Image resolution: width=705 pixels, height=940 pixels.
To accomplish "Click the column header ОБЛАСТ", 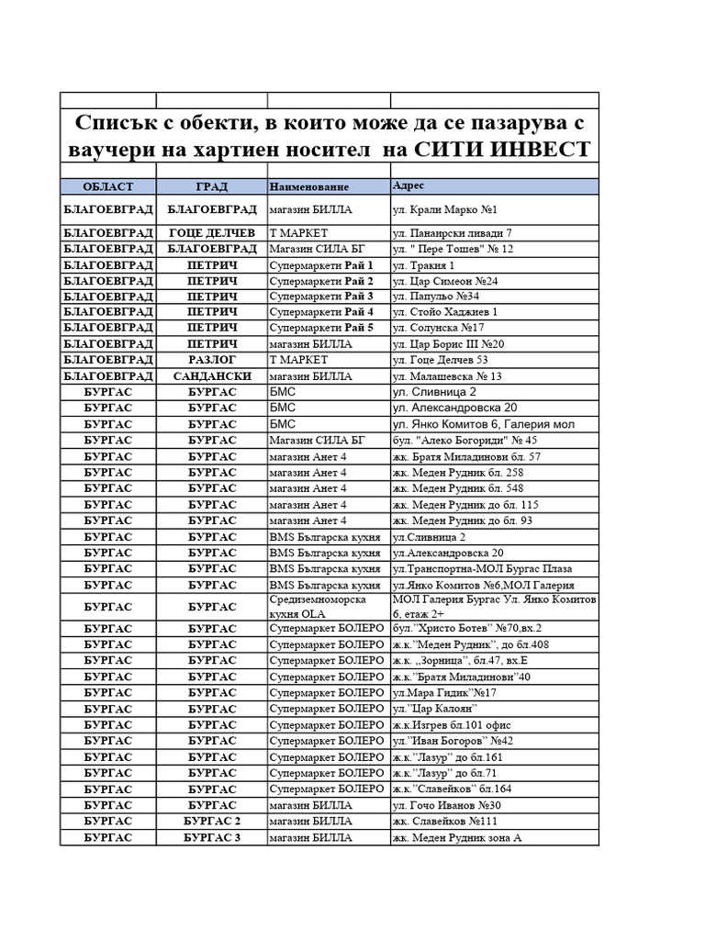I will coord(107,186).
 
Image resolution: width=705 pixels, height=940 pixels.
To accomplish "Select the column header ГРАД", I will coord(211,186).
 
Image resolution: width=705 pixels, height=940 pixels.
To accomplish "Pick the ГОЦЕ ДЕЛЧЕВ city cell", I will coord(211,233).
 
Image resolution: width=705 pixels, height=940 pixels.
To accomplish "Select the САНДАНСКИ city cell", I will coord(211,376).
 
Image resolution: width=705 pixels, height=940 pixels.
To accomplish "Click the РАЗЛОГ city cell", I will coord(211,360).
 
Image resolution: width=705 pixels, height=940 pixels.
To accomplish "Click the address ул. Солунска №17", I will coord(439,328).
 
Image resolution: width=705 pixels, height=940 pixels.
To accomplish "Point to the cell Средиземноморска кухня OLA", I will coord(317,606).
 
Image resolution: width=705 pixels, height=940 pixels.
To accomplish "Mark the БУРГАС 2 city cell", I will coord(211,821).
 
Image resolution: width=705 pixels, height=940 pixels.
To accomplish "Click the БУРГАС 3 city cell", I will coord(211,837).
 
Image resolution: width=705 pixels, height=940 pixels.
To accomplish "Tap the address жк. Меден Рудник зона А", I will coord(456,837).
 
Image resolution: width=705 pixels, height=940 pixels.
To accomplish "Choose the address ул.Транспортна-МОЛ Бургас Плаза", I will coord(481,568).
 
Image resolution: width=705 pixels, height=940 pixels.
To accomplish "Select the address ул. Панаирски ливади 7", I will coord(452,233).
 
